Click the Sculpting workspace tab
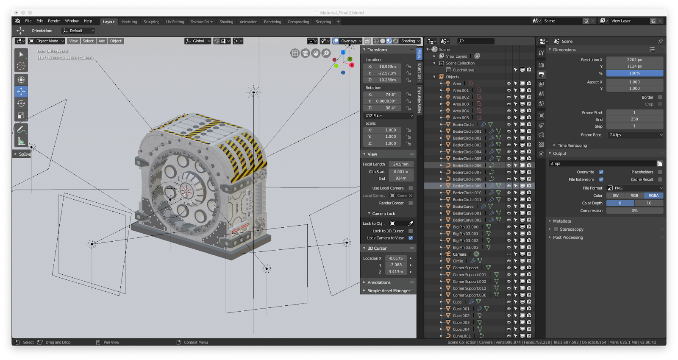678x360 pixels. (x=151, y=22)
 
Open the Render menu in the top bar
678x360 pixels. (x=54, y=21)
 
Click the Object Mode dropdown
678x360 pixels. (x=47, y=41)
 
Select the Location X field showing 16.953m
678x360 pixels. (x=387, y=67)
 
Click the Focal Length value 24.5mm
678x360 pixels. (x=400, y=164)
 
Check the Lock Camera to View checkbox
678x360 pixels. (x=410, y=238)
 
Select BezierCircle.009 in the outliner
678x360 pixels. (x=467, y=186)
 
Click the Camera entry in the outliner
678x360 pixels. (x=459, y=254)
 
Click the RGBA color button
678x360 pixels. (x=653, y=195)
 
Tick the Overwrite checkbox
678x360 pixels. (x=601, y=172)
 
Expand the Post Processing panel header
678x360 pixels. (x=568, y=237)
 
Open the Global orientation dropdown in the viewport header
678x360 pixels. (x=198, y=41)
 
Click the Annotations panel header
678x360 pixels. (x=379, y=282)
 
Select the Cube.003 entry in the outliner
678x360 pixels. (x=461, y=322)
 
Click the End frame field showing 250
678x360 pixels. (x=634, y=119)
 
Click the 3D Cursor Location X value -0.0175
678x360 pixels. (x=396, y=258)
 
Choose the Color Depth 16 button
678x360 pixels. (x=648, y=203)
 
